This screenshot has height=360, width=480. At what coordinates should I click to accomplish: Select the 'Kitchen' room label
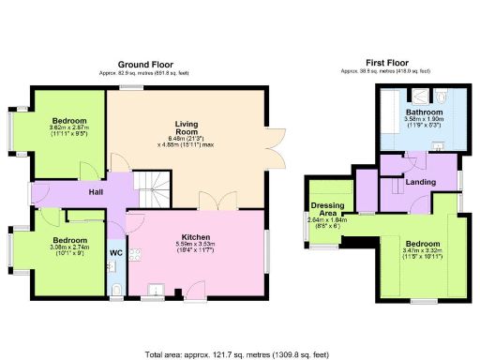point(196,237)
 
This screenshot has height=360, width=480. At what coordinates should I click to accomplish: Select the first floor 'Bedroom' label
point(420,244)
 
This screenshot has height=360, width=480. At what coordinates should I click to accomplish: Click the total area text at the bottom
point(240,354)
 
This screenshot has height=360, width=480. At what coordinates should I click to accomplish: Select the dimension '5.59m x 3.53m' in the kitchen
point(196,246)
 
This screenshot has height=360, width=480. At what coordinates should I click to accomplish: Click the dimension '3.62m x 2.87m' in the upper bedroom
point(69,128)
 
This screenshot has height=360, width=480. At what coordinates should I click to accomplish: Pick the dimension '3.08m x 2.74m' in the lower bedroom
point(69,246)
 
